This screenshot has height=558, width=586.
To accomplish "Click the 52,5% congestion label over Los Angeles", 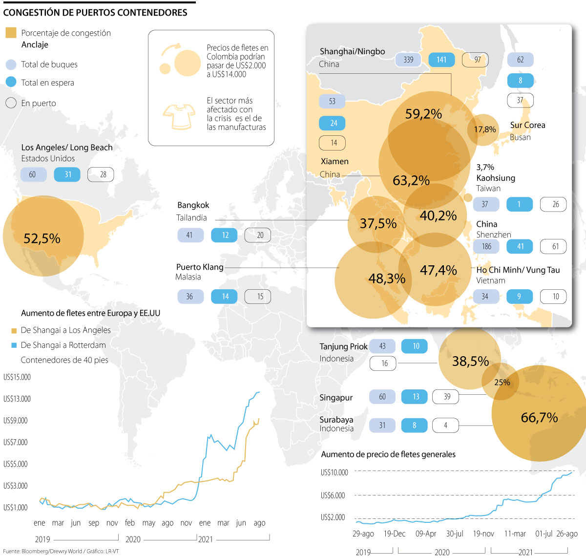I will point(42,238).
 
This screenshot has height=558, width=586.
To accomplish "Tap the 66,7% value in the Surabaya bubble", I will point(539,418).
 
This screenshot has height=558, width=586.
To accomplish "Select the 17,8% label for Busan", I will point(485,129).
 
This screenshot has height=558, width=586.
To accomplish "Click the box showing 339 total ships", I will point(409,60).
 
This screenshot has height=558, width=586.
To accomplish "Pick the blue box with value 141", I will point(441,60).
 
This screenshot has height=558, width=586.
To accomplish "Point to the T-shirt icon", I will point(179,116).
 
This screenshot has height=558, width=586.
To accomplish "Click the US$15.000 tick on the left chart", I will point(17,377).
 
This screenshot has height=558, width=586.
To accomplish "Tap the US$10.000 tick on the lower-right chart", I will point(335,472).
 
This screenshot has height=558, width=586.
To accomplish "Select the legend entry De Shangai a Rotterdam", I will point(63,345).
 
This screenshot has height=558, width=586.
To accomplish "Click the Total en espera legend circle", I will point(11,82).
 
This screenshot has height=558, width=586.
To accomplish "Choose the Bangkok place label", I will point(193,205).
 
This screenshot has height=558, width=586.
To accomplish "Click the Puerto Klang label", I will point(200,267).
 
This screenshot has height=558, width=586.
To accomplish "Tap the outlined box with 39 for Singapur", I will point(447,397).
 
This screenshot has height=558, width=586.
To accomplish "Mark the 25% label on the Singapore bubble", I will point(502,383).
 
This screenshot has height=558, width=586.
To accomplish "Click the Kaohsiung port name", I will point(496,178).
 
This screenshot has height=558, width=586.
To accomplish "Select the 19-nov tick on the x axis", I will point(483,534).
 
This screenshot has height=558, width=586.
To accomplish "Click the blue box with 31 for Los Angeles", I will point(67,174).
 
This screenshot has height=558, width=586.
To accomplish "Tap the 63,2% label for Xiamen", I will point(411,181).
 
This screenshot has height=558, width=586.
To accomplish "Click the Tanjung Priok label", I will point(343,346).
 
